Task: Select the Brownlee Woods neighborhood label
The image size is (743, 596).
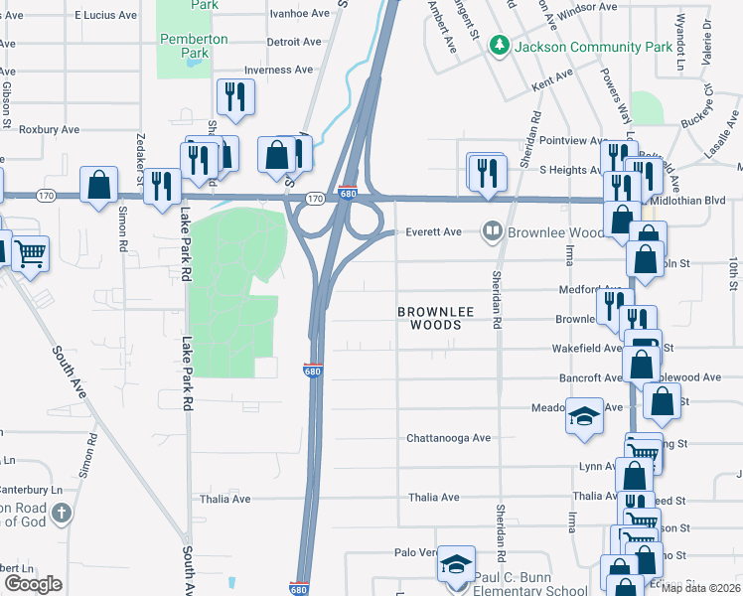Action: pyautogui.click(x=429, y=318)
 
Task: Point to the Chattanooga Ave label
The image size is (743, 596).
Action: pyautogui.click(x=448, y=438)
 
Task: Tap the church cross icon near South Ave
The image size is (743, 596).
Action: pyautogui.click(x=62, y=514)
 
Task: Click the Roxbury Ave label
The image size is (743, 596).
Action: pyautogui.click(x=49, y=130)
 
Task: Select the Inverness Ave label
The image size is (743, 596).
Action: pyautogui.click(x=281, y=70)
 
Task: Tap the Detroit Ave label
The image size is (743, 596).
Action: pyautogui.click(x=294, y=43)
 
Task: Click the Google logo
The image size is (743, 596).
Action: pyautogui.click(x=33, y=584)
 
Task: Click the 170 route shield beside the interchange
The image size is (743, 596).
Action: pyautogui.click(x=315, y=200)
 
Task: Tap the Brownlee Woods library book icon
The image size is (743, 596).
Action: pyautogui.click(x=492, y=231)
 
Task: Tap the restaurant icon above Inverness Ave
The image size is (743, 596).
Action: pyautogui.click(x=235, y=96)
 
